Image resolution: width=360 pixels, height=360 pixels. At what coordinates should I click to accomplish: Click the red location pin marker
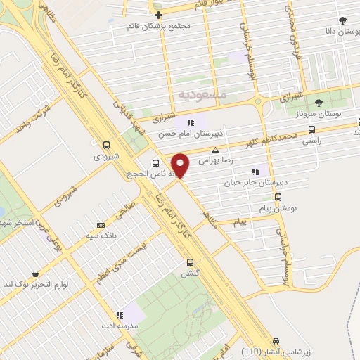(x=181, y=165)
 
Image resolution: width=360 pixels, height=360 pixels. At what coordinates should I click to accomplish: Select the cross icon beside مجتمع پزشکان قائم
(x=159, y=15)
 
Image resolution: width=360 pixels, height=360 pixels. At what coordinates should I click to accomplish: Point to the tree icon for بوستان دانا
(x=342, y=21)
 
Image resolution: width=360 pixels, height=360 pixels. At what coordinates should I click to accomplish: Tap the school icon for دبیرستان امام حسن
(x=191, y=122)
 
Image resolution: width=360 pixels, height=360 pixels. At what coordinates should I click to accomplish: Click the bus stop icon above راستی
(x=312, y=130)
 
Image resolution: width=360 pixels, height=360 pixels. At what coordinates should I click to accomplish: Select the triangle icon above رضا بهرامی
(x=215, y=150)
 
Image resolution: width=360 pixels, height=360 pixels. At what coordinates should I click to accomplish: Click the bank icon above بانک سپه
(x=101, y=225)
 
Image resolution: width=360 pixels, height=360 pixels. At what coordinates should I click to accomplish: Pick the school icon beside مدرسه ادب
(x=120, y=315)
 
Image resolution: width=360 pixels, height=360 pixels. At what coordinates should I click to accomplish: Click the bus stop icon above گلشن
(x=190, y=262)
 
